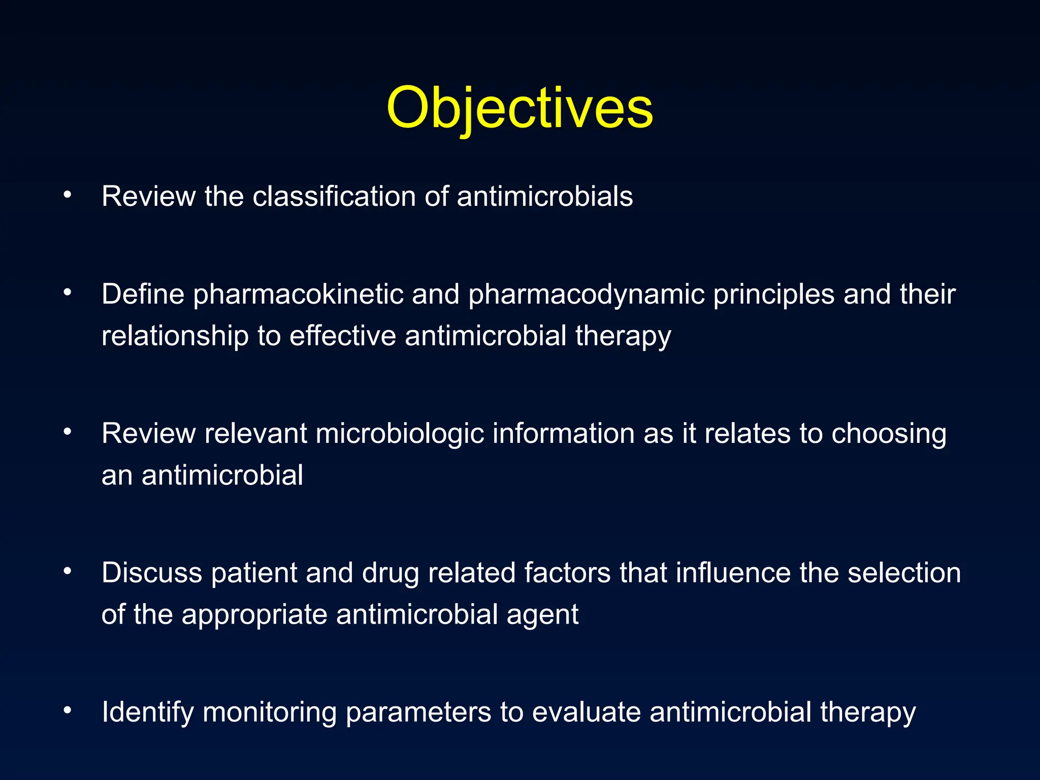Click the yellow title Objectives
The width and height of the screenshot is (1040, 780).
519,108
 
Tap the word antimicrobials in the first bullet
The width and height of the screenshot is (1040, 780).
544,197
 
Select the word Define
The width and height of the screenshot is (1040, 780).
143,294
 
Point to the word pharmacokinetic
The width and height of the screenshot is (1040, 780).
298,295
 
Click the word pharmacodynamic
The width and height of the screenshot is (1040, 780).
586,295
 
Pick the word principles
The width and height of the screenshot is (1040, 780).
773,295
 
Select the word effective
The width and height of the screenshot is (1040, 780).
342,336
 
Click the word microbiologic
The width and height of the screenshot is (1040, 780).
400,434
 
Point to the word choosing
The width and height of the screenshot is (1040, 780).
889,434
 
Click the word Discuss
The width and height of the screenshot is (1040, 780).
151,573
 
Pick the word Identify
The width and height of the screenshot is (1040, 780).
147,712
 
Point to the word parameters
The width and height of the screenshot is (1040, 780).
418,712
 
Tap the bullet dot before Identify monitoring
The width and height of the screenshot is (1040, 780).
67,710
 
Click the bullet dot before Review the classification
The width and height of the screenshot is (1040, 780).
67,194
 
